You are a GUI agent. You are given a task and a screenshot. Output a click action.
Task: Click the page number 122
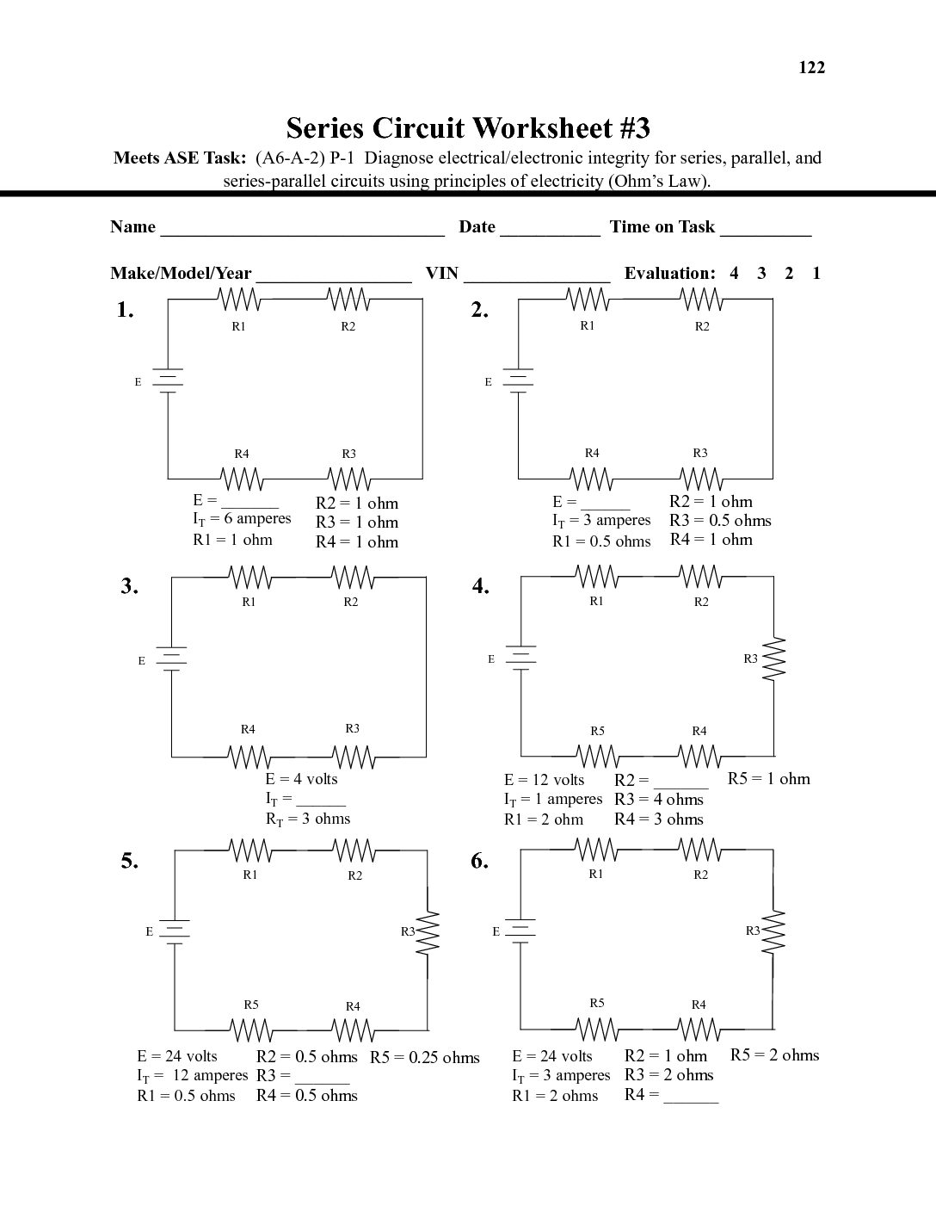pyautogui.click(x=811, y=68)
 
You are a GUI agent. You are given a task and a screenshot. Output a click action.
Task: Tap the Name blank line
pyautogui.click(x=302, y=229)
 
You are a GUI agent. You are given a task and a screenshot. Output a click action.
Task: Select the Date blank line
pyautogui.click(x=550, y=229)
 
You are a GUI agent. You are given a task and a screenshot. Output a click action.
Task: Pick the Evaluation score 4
pyautogui.click(x=734, y=274)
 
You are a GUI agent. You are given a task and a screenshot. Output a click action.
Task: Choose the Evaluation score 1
pyautogui.click(x=816, y=274)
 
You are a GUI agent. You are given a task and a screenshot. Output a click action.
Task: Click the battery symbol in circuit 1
pyautogui.click(x=168, y=380)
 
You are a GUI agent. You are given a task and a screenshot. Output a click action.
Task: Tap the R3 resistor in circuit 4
pyautogui.click(x=775, y=659)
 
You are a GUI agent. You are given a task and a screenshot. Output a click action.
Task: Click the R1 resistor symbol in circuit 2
pyautogui.click(x=589, y=300)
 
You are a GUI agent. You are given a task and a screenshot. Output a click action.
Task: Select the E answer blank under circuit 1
pyautogui.click(x=250, y=503)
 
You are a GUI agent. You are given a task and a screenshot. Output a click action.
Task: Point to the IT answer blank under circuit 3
pyautogui.click(x=320, y=801)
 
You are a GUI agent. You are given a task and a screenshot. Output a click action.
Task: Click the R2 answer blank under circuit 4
pyautogui.click(x=680, y=782)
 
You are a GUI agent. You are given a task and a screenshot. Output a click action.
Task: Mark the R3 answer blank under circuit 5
pyautogui.click(x=322, y=1078)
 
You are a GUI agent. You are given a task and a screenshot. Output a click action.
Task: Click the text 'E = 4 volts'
pyautogui.click(x=301, y=779)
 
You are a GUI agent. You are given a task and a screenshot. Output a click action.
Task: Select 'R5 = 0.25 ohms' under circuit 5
pyautogui.click(x=425, y=1058)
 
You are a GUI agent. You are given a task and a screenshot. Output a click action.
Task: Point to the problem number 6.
pyautogui.click(x=479, y=862)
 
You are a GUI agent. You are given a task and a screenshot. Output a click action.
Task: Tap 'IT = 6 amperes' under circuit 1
pyautogui.click(x=242, y=519)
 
